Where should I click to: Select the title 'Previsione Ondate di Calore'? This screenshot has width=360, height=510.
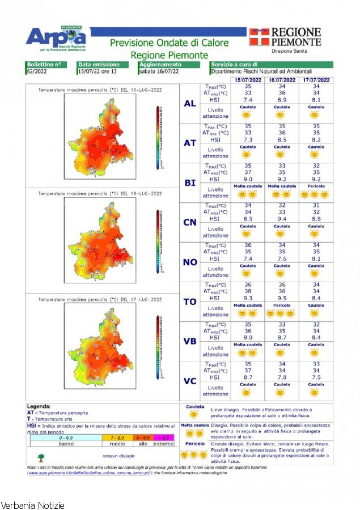click(169, 43)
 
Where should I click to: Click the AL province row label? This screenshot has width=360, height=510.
click(190, 104)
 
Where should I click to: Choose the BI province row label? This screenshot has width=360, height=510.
click(190, 183)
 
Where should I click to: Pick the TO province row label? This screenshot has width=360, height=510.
click(190, 301)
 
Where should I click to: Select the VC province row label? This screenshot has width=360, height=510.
click(190, 381)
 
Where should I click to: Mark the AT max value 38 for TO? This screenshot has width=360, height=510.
click(248, 291)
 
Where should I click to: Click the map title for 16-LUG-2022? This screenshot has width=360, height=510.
click(100, 194)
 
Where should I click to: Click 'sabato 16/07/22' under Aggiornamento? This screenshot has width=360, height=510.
click(159, 72)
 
